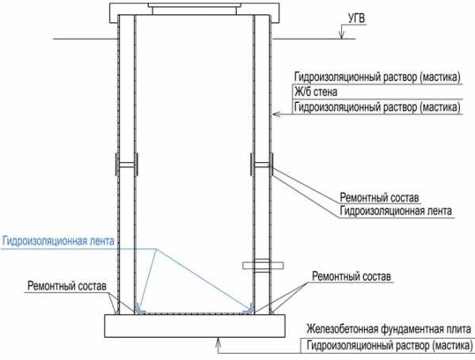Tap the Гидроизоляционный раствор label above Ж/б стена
click(x=376, y=78)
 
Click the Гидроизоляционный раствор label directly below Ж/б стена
click(x=376, y=106)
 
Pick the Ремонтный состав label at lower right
click(x=352, y=275)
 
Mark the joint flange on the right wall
click(x=262, y=165)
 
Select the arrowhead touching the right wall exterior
click(x=273, y=115)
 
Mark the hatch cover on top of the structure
click(x=194, y=6)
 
